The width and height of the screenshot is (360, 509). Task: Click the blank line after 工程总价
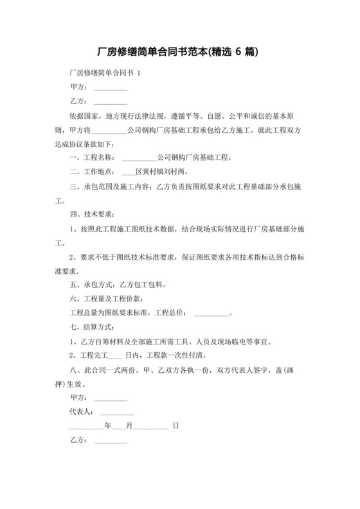(x=211, y=314)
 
